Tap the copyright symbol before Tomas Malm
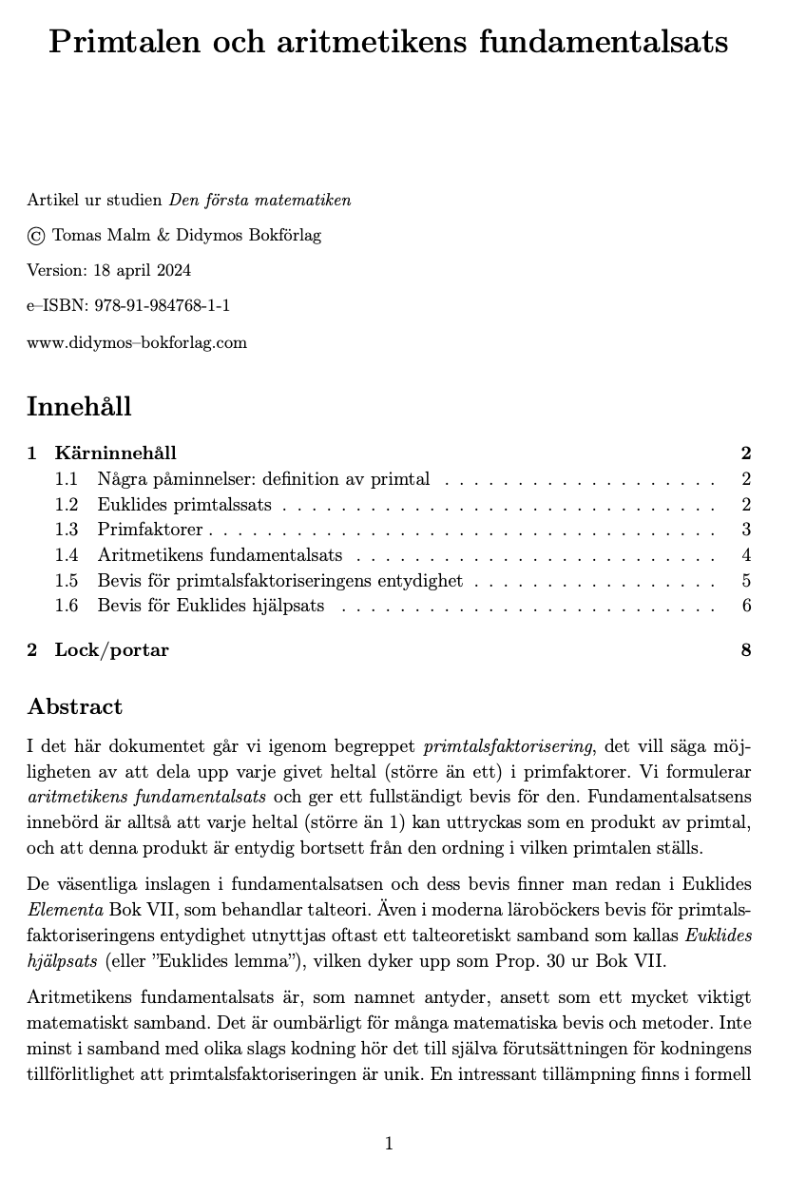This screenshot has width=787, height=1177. point(36,236)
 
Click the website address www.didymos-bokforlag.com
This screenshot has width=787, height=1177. point(137,342)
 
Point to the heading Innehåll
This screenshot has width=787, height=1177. point(79,406)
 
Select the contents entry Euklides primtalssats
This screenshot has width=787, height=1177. point(184,504)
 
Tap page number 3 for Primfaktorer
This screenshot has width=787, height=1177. point(746,530)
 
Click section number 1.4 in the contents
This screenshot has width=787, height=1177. point(67,555)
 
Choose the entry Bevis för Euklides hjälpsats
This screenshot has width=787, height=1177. point(210,606)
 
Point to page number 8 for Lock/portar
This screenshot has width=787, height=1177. point(746,650)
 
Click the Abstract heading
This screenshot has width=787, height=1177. point(75,706)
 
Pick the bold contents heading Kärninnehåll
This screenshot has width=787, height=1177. point(115,453)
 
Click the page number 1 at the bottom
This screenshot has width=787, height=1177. point(389,1144)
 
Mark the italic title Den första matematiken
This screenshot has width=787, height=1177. point(259,200)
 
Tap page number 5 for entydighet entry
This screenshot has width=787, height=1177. point(746,581)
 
